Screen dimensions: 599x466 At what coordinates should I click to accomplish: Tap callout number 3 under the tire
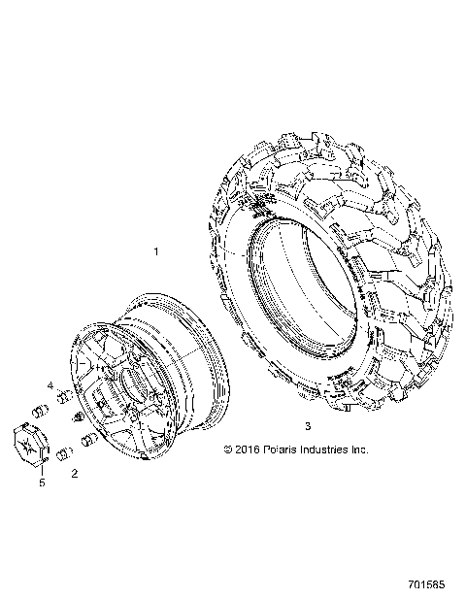pyautogui.click(x=307, y=425)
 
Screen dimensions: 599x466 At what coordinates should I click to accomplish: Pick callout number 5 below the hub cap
pyautogui.click(x=42, y=483)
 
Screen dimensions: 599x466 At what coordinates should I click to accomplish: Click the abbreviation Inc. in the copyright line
pyautogui.click(x=359, y=449)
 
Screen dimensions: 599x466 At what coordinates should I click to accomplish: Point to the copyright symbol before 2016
pyautogui.click(x=228, y=449)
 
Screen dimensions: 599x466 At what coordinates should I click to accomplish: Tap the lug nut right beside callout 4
pyautogui.click(x=64, y=397)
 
